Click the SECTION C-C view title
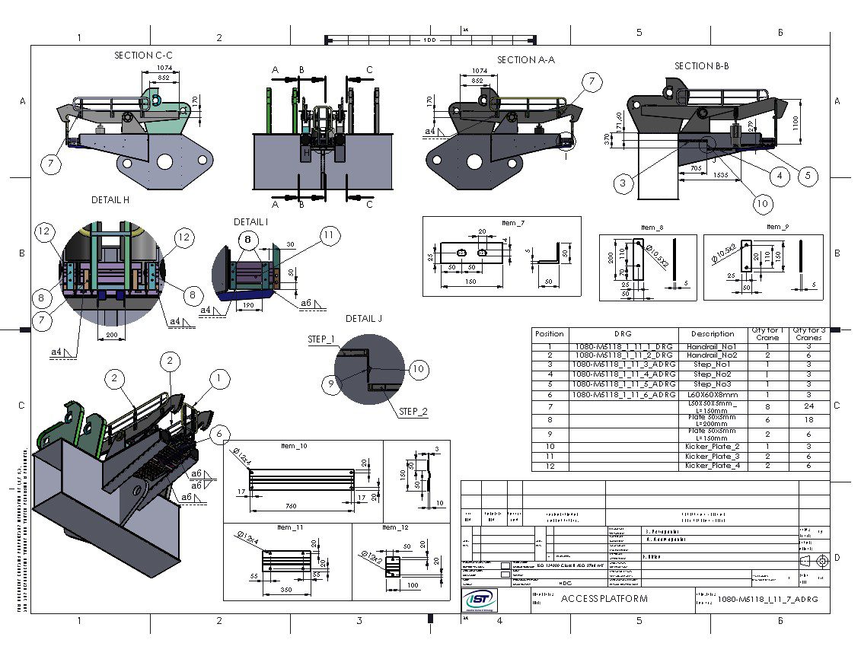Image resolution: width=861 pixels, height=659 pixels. tap(143, 56)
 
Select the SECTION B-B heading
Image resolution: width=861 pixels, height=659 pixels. tap(701, 66)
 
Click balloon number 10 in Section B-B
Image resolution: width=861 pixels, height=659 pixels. tap(763, 203)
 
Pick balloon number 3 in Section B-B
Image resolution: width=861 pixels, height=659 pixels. tap(623, 183)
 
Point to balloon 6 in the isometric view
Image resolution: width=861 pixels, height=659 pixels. tap(218, 434)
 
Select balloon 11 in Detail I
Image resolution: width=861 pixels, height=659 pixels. tap(328, 236)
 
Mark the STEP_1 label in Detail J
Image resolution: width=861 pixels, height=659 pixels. tap(320, 339)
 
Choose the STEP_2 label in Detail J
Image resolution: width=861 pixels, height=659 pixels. tap(413, 412)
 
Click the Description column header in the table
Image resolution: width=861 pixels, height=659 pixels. tap(713, 334)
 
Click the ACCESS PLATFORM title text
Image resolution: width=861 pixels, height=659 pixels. tap(604, 599)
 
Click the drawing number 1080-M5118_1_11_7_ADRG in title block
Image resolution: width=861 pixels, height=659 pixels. tap(767, 600)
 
